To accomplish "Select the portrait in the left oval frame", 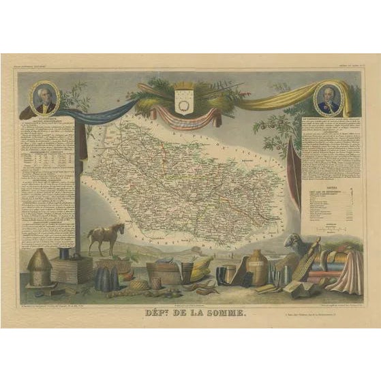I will (x=45, y=100).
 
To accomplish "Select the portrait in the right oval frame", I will (x=326, y=100).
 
